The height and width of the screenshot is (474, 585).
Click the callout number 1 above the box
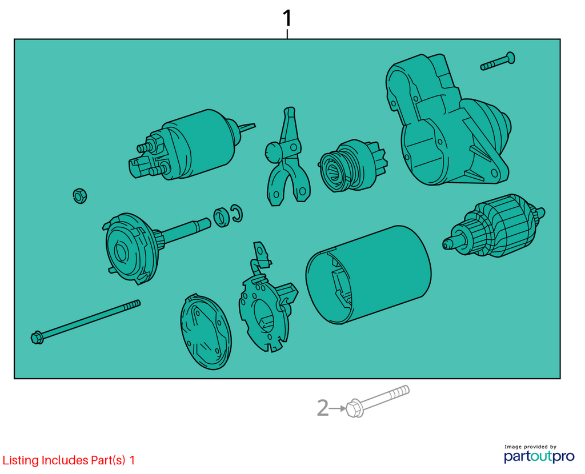[x=287, y=18]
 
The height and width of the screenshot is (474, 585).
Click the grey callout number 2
[x=323, y=408]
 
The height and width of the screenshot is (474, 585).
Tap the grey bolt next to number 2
[x=377, y=401]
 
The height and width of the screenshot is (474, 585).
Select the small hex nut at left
[x=80, y=195]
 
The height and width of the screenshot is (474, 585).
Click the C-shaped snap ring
[x=237, y=213]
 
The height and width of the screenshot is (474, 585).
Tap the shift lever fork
[x=287, y=156]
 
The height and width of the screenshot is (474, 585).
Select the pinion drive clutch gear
[x=352, y=166]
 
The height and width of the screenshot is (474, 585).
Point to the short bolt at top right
[x=498, y=62]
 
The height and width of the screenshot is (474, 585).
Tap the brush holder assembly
[x=267, y=298]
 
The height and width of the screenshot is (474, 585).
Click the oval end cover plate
[x=206, y=331]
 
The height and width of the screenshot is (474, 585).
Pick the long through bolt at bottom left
[x=86, y=322]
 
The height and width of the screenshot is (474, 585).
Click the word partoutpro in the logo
[x=539, y=456]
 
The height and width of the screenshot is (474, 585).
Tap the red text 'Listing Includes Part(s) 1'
[x=69, y=460]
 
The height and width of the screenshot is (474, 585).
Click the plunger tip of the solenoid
[x=247, y=127]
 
